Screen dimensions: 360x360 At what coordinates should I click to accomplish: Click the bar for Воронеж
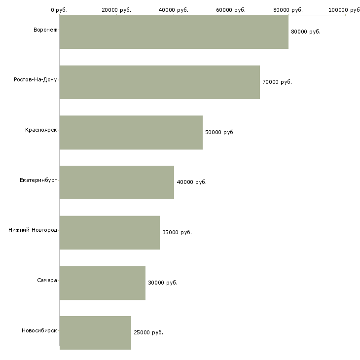[x=174, y=32]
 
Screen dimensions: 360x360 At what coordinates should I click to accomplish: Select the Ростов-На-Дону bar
[x=159, y=82]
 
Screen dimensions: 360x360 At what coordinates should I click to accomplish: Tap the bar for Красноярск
[x=131, y=132]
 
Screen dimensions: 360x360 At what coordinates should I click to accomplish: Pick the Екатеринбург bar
[x=116, y=182]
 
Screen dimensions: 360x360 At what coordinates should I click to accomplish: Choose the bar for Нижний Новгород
[x=109, y=232]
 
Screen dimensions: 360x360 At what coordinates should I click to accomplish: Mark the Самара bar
[x=102, y=283]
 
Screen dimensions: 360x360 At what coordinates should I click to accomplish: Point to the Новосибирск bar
[x=95, y=332]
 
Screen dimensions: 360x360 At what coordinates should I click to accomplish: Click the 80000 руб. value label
[x=306, y=32]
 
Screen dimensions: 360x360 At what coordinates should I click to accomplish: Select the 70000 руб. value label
[x=277, y=82]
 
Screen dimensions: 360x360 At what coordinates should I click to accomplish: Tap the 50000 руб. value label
[x=220, y=132]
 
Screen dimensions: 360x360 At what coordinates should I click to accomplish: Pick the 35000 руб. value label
[x=177, y=232]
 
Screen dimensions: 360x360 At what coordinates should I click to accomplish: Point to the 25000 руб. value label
[x=148, y=332]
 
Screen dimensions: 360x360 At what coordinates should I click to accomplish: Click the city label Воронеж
[x=45, y=30]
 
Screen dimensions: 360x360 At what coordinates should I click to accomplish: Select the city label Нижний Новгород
[x=33, y=230]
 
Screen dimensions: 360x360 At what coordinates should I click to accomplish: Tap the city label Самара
[x=47, y=281]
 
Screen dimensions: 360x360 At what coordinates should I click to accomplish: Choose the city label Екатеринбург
[x=38, y=180]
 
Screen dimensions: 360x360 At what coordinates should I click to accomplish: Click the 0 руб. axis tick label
[x=59, y=10]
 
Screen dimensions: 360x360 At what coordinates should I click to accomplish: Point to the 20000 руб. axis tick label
[x=116, y=10]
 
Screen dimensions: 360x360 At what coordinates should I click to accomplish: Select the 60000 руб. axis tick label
[x=231, y=10]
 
